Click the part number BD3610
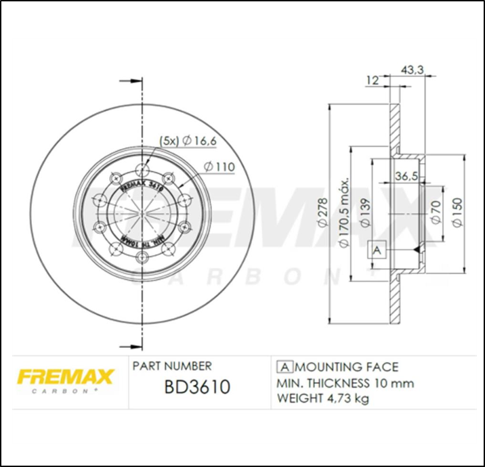pos(197,387)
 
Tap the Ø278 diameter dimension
pos(322,215)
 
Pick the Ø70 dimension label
pos(437,210)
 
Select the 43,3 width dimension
pos(413,70)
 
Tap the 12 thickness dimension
pos(371,80)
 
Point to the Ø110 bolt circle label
pos(218,166)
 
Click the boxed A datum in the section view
pos(377,250)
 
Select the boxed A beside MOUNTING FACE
pos(284,368)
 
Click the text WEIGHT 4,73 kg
pos(322,399)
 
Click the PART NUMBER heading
pos(172,366)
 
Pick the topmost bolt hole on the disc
pos(142,170)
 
